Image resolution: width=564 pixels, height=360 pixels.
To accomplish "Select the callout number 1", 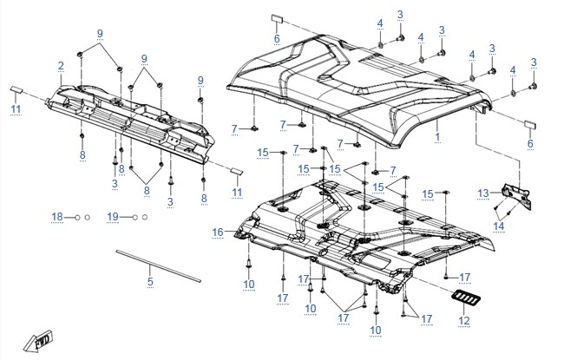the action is [x=437, y=137].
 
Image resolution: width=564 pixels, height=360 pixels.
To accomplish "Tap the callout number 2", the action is [x=61, y=66].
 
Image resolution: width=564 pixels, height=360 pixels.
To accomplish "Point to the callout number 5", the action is [x=150, y=282].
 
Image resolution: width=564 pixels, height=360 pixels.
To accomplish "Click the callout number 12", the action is [x=464, y=320].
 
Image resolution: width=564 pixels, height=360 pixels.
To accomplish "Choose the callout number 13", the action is [x=483, y=193].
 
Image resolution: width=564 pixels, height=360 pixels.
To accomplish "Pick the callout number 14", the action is [x=499, y=226].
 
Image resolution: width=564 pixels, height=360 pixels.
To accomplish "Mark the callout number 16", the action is [x=218, y=232].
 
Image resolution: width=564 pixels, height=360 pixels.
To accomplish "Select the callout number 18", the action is [x=57, y=217].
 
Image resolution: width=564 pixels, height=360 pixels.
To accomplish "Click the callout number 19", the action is [x=113, y=217].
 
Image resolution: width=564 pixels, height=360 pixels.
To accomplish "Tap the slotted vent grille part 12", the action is [x=466, y=298].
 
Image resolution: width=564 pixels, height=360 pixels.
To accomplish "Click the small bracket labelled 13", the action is [x=516, y=196].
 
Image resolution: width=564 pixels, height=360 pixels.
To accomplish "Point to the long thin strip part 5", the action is [x=158, y=266].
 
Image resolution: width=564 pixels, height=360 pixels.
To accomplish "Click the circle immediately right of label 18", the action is [x=77, y=218].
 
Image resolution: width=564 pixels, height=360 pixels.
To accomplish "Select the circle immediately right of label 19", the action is [x=134, y=218].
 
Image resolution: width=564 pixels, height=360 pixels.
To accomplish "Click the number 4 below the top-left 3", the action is [x=380, y=23].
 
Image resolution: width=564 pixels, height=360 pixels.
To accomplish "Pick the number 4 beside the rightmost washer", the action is [x=513, y=70].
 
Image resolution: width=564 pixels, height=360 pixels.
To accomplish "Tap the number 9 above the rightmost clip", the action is [x=200, y=81].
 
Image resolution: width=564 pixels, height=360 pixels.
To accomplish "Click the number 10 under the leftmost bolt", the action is [x=249, y=285].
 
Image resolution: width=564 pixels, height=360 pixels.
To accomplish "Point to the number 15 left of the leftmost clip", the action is [x=263, y=153].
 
